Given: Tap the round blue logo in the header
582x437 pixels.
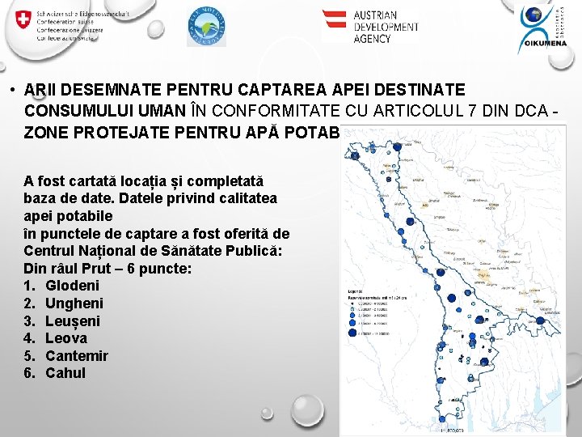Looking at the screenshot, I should click(x=206, y=27).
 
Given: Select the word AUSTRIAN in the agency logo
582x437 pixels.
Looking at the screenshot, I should click(x=376, y=15).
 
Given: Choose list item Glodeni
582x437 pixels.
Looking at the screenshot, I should click(x=72, y=286).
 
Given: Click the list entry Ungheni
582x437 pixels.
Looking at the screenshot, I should click(x=74, y=303).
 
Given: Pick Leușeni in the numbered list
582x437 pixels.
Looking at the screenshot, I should click(x=74, y=321).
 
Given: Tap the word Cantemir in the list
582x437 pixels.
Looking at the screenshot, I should click(x=77, y=356).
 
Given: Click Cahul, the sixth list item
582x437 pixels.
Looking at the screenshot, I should click(x=65, y=373).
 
